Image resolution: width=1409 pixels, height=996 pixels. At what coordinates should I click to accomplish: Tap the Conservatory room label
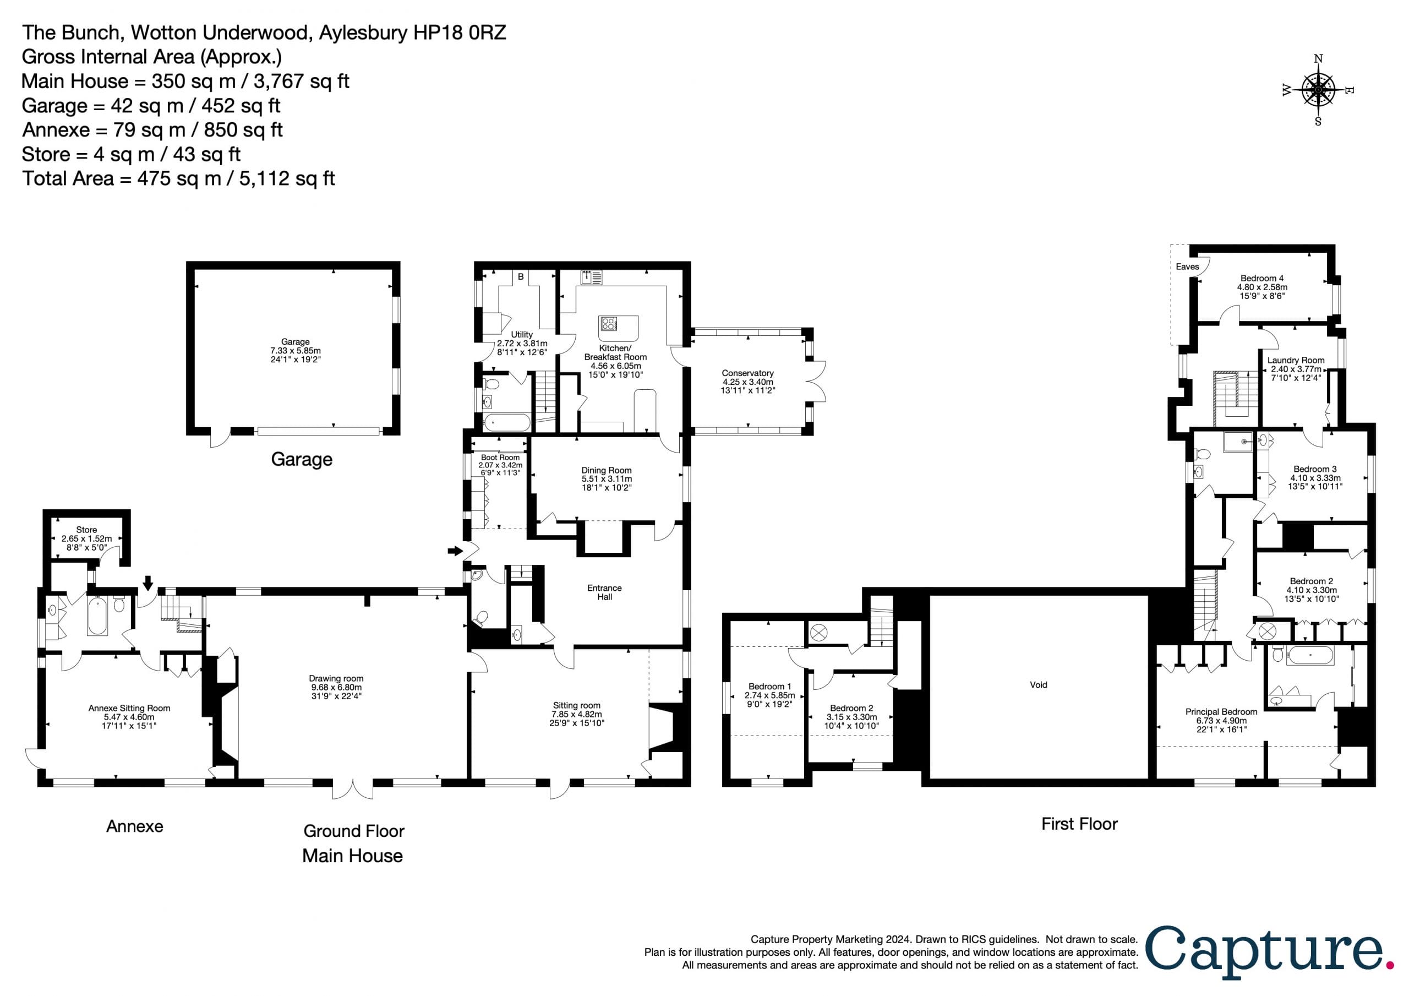coord(747,373)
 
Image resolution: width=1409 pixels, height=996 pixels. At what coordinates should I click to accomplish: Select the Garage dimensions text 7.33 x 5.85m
coord(295,351)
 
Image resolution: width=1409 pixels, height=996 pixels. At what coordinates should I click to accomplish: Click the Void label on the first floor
coord(1039,685)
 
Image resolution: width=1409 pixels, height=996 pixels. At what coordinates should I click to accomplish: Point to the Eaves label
coord(1187,266)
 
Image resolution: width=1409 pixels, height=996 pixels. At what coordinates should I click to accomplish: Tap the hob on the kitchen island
coord(608,324)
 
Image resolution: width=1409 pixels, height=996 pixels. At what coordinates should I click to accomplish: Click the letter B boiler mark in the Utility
coord(521,277)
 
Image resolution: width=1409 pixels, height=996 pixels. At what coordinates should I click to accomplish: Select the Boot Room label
coord(500,458)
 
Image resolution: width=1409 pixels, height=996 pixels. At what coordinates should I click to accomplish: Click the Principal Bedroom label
coord(1221,712)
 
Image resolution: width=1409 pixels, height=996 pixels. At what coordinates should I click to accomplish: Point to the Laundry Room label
coord(1296,361)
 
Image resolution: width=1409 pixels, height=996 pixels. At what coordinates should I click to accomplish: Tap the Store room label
coord(86,530)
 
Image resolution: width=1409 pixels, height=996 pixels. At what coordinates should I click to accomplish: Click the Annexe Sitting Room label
coord(129,708)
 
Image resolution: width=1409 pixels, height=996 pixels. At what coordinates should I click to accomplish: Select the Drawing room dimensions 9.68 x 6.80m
coord(336,687)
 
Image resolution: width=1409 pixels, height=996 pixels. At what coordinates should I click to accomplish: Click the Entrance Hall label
coord(604,592)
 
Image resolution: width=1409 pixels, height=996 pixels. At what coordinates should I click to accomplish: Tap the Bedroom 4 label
coord(1261,278)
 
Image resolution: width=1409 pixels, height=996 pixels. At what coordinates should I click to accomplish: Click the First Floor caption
coord(1079,824)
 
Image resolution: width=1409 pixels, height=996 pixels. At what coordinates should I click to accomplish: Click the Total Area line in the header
coord(178,179)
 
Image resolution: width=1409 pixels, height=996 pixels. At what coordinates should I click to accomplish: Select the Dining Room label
coord(607,470)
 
